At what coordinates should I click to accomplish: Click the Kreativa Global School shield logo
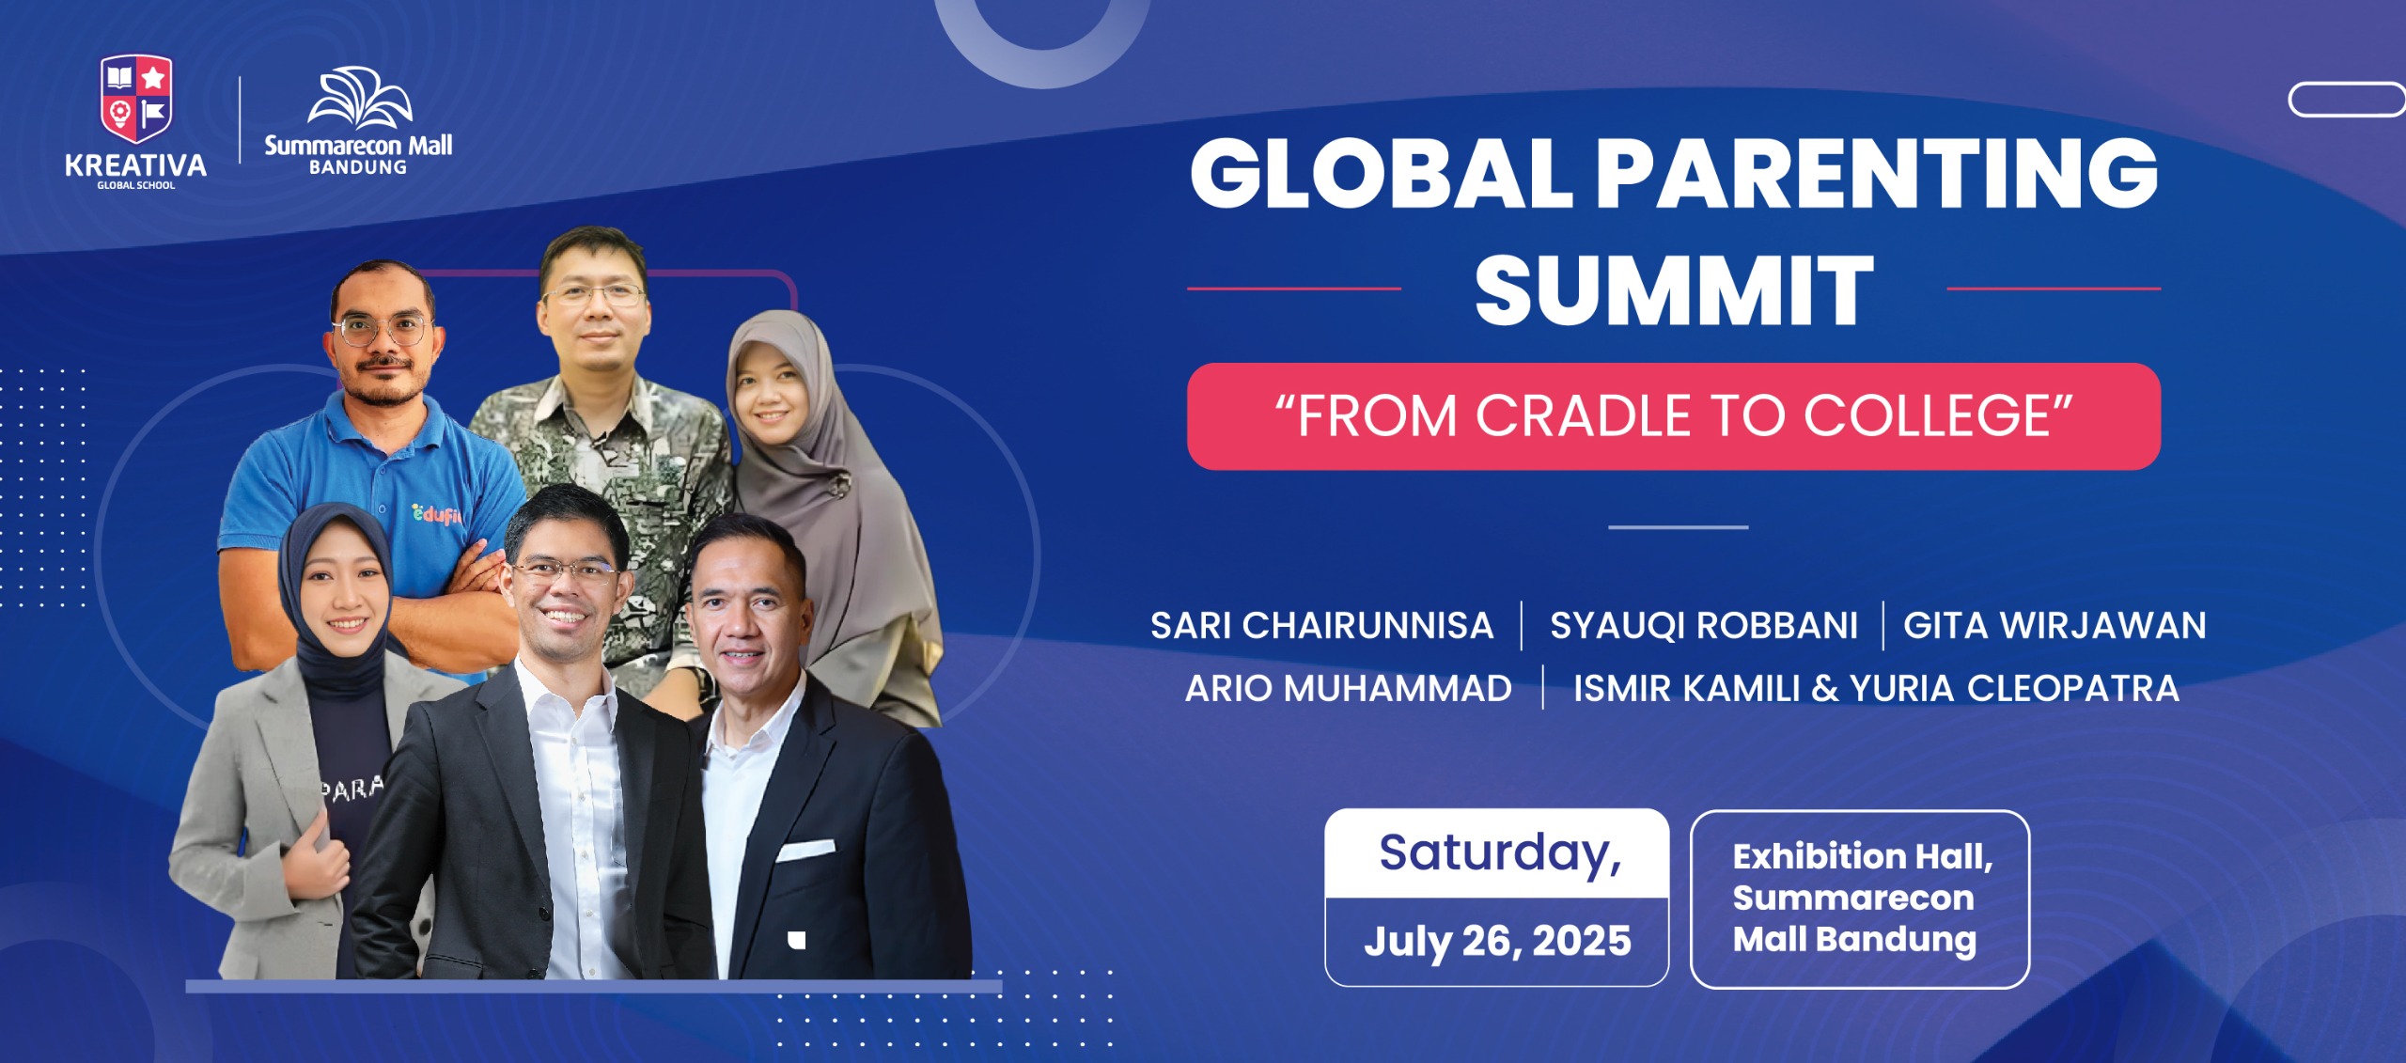[x=136, y=98]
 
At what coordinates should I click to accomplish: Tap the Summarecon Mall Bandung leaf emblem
[x=360, y=97]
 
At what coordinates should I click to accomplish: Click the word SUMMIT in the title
[x=1674, y=290]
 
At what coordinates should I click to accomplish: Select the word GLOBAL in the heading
[x=1382, y=173]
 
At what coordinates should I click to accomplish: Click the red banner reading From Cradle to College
[x=1673, y=416]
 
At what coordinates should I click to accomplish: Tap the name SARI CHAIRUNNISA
[x=1321, y=626]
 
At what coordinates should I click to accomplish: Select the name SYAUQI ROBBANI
[x=1703, y=626]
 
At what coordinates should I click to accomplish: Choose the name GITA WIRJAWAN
[x=2054, y=626]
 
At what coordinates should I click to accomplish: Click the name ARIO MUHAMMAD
[x=1348, y=689]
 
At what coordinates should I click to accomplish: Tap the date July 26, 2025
[x=1497, y=941]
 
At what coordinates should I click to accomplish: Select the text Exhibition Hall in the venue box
[x=1861, y=856]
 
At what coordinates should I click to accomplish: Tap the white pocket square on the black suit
[x=805, y=851]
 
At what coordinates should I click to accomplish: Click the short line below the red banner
[x=1678, y=527]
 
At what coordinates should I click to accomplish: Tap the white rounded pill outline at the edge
[x=2346, y=100]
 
